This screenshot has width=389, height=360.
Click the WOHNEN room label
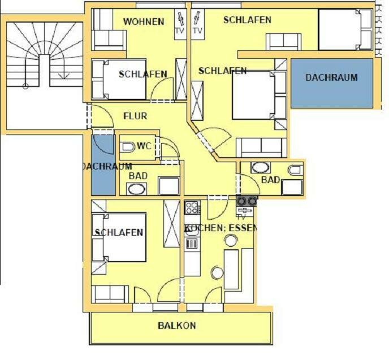[144, 21]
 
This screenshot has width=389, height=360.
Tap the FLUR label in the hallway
[135, 116]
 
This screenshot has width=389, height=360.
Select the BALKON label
[177, 326]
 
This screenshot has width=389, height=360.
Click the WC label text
[144, 146]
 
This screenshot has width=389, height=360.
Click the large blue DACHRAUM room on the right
[332, 83]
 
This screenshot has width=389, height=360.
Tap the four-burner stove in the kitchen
[192, 207]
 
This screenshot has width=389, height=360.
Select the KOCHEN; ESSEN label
[221, 228]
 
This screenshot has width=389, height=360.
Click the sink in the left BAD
[136, 189]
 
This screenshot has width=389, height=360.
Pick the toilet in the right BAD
[295, 170]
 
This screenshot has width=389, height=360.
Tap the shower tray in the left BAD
[168, 186]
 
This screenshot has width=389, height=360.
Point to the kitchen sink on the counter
[192, 230]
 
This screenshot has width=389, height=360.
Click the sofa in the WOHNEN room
[109, 40]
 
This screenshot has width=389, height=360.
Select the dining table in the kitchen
[231, 269]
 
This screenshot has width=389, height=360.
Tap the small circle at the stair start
[25, 86]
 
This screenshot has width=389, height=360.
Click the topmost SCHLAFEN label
[247, 20]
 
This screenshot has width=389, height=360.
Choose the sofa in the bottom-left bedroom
[110, 294]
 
